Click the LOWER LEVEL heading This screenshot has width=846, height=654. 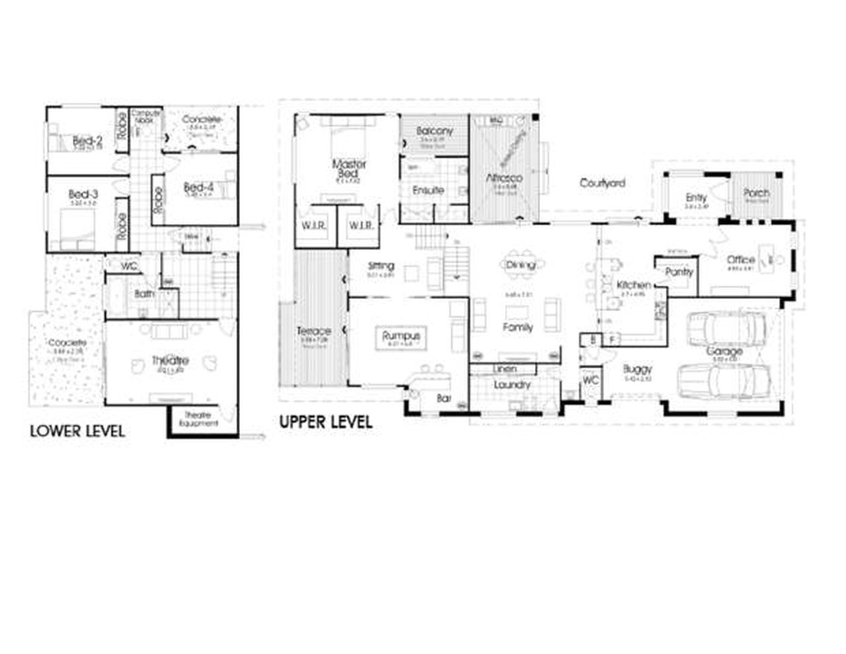(x=77, y=432)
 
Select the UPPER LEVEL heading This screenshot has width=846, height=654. (x=325, y=422)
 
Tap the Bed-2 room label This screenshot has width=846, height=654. (x=87, y=140)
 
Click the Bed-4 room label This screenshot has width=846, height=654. (x=198, y=187)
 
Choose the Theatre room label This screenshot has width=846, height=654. (x=170, y=360)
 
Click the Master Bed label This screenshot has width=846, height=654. (x=349, y=168)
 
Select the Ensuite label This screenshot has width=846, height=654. (x=428, y=190)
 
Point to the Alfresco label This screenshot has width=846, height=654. (x=504, y=178)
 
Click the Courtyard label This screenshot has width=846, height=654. (x=602, y=183)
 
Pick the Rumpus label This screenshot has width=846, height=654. (x=401, y=336)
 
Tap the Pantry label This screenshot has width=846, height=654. (x=679, y=272)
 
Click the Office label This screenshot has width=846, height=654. (x=740, y=260)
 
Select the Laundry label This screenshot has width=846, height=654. (x=512, y=384)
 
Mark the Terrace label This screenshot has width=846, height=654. (x=313, y=331)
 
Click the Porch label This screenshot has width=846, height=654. (x=756, y=193)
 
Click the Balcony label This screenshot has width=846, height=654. (x=434, y=132)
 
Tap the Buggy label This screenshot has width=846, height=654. (x=637, y=369)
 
